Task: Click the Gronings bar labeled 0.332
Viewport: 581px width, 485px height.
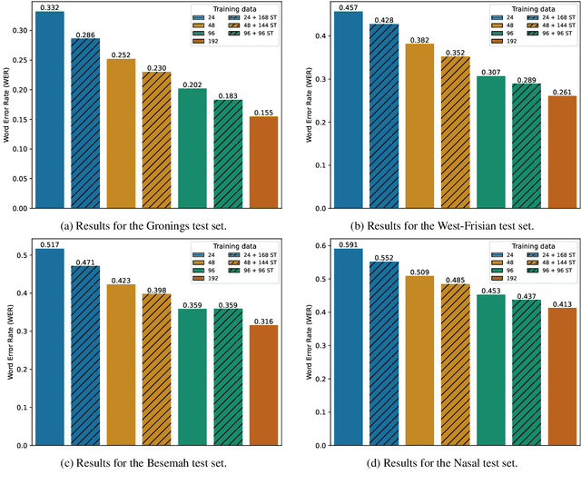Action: point(49,109)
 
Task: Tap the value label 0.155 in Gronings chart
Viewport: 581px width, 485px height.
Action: point(263,112)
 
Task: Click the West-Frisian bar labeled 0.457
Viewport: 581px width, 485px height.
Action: point(348,109)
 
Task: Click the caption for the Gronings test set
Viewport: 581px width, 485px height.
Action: point(147,225)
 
